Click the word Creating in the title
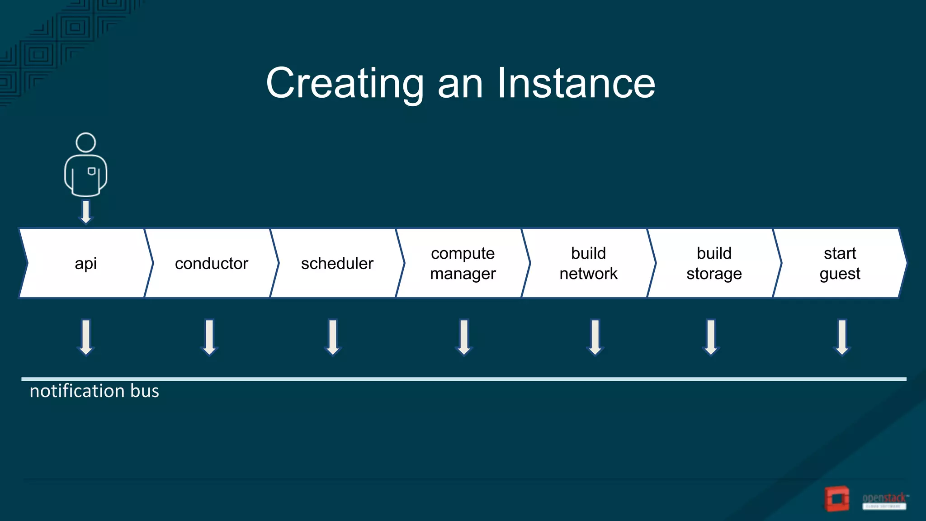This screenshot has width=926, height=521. point(345,84)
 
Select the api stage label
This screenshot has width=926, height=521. point(85,263)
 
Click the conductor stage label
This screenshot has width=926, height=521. point(212,263)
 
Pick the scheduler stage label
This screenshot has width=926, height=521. point(337,263)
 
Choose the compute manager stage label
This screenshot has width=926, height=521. point(463,263)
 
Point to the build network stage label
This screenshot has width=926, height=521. point(588,263)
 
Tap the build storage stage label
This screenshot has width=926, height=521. point(714,263)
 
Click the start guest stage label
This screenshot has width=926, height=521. point(840,263)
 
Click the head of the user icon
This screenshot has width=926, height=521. point(85,142)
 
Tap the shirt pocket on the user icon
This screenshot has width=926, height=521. point(91,171)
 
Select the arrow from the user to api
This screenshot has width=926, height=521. point(85,212)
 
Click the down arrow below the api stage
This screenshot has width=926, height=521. point(86,337)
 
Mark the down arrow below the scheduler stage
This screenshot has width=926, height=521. point(333,337)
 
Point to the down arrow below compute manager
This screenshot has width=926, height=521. point(464,337)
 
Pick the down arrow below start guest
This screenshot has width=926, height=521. point(842,337)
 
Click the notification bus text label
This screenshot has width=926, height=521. point(94,391)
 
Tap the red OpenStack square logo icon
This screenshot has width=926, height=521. point(837,499)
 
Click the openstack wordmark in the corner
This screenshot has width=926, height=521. point(884,498)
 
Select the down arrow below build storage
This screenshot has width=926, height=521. point(711,337)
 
